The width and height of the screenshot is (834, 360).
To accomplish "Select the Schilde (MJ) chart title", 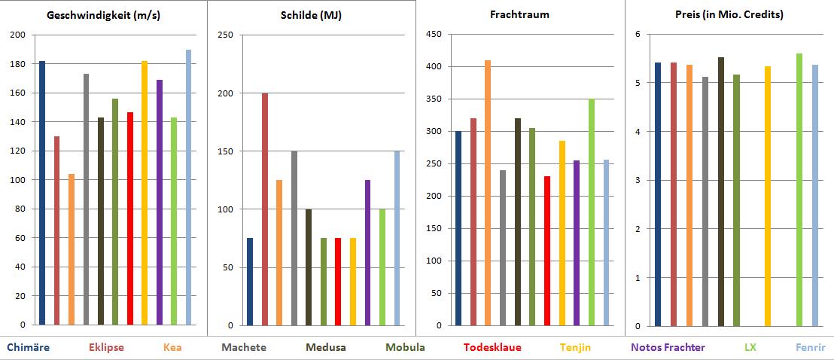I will point(312,15).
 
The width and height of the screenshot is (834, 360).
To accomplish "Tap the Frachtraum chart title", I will point(520,15).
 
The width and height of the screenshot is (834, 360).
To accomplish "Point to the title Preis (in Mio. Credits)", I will point(729,15).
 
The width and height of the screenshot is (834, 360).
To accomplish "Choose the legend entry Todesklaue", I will point(492,347).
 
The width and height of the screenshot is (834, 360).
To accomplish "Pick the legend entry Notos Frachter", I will point(668,347).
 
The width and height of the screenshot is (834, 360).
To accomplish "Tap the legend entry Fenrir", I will point(810,347).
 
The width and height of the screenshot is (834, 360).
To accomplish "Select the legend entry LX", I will point(750,347).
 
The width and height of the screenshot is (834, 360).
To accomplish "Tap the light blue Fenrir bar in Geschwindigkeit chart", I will point(188,188).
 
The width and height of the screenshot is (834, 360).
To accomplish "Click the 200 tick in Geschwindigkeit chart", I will point(18,35).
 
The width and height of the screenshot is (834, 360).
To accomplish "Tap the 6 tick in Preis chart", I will point(637,35).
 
